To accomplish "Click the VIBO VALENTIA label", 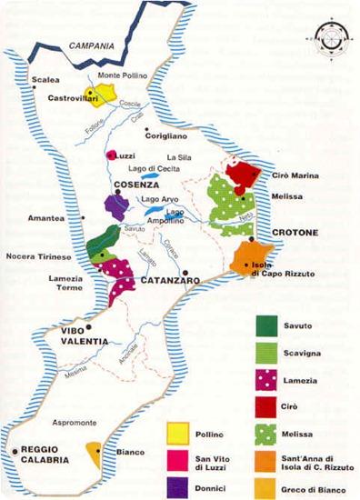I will click(x=80, y=335).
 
